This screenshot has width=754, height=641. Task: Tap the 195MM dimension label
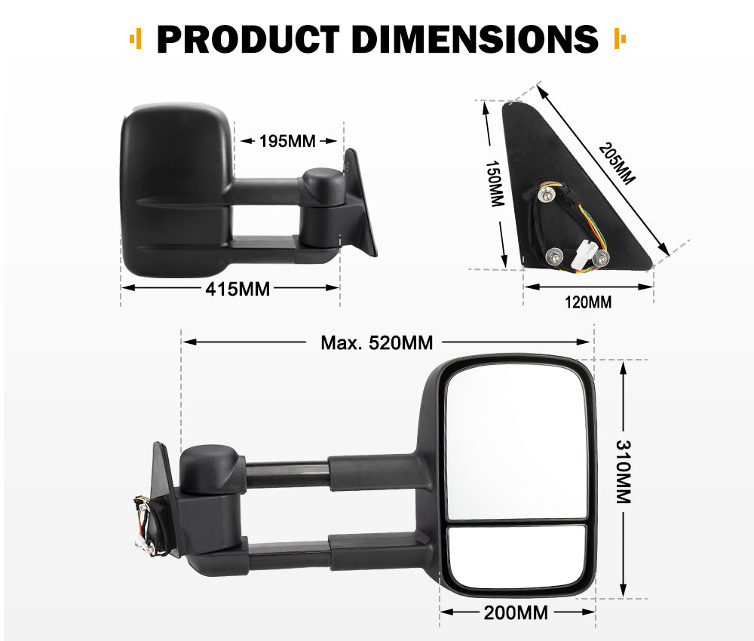287,141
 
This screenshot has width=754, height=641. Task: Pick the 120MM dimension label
589,302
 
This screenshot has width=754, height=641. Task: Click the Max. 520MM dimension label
377,343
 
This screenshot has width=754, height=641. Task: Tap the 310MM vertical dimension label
623,473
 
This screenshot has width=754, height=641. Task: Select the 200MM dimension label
516,612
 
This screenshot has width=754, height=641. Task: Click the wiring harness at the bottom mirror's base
143,520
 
